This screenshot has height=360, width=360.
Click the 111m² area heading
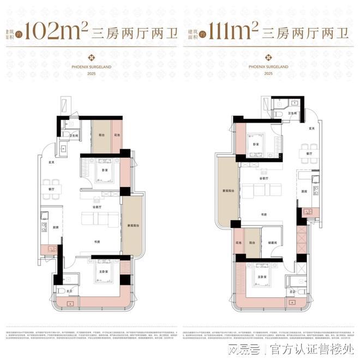(235, 33)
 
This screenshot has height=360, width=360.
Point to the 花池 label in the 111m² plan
(238, 242)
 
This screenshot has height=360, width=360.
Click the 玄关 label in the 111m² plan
(311, 128)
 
